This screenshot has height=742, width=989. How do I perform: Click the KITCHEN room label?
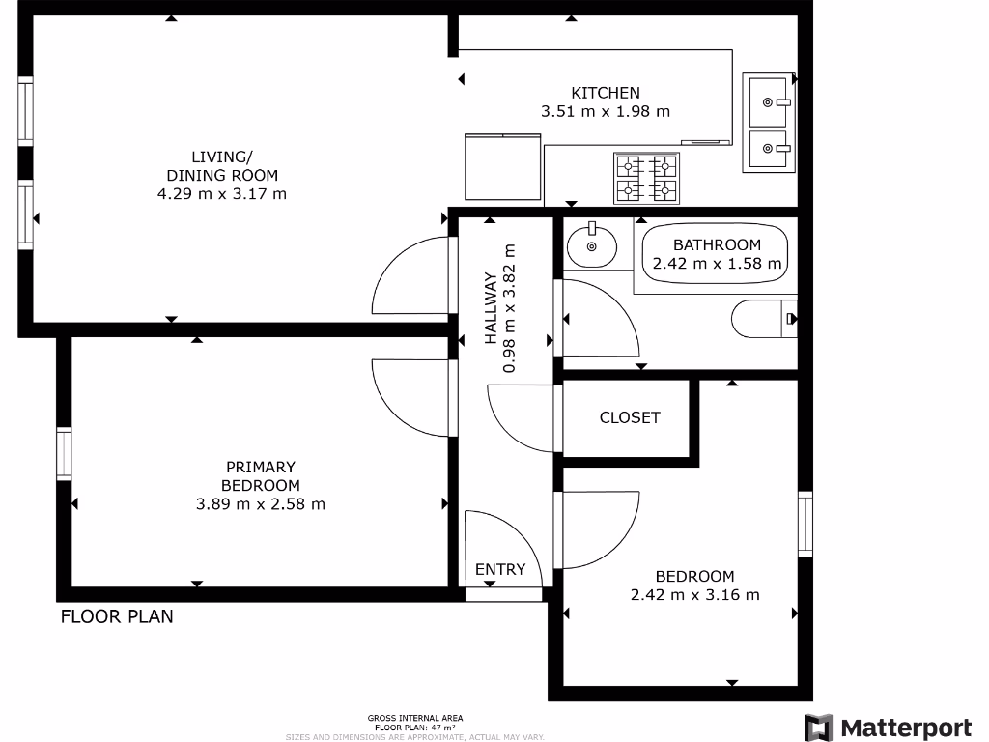[x=606, y=93]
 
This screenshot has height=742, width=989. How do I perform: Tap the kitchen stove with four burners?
[x=646, y=179]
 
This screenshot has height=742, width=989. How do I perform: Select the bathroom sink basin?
[x=591, y=245]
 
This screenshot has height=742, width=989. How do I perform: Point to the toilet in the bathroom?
[x=764, y=319]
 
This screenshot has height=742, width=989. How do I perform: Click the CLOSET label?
[x=630, y=417]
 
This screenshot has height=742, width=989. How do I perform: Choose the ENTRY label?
[x=500, y=569]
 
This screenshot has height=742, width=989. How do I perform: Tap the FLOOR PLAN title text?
[x=117, y=616]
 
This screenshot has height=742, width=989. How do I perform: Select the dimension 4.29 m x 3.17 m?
[x=222, y=193]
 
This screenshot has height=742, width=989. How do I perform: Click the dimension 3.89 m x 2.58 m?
[x=261, y=503]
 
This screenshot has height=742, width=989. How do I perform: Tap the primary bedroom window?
[x=64, y=454]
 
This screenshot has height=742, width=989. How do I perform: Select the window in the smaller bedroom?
[x=805, y=524]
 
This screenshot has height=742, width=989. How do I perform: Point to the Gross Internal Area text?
[x=414, y=718]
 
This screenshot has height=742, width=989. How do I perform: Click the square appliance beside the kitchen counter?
[x=502, y=167]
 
